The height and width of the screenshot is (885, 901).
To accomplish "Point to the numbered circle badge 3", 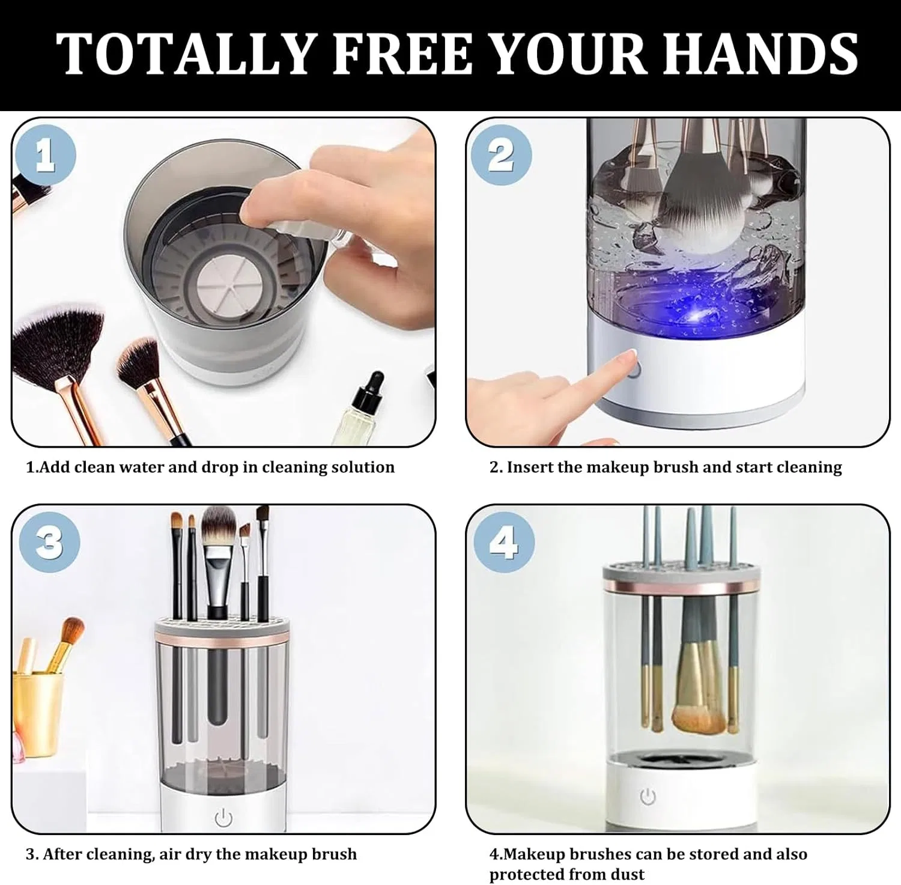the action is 49,543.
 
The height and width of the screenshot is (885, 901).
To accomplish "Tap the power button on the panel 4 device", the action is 647,797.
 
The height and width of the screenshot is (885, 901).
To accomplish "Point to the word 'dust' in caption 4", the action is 627,874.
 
